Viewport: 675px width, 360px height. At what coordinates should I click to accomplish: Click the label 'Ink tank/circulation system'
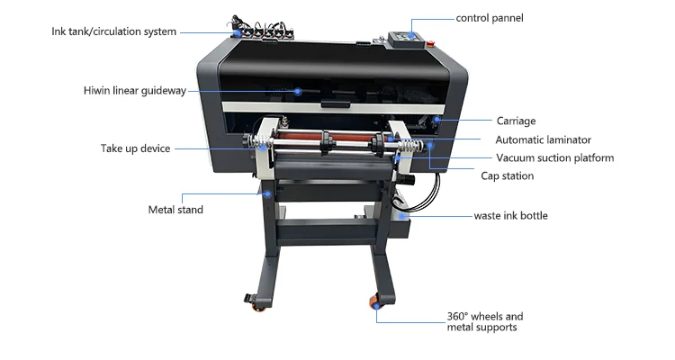click(x=113, y=32)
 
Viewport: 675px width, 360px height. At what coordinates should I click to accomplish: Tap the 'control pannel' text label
click(x=489, y=18)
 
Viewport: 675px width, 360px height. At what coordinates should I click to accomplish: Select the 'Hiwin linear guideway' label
click(x=134, y=90)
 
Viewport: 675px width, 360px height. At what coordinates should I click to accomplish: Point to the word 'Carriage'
click(x=516, y=121)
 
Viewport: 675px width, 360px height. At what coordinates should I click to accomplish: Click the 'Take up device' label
click(x=134, y=148)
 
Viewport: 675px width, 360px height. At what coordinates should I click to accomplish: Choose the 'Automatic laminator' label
click(x=543, y=139)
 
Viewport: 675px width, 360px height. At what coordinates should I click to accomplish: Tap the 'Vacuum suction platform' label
click(x=554, y=157)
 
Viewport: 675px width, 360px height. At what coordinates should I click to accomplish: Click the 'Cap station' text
click(x=507, y=176)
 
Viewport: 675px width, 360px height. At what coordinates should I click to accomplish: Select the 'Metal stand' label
click(x=175, y=210)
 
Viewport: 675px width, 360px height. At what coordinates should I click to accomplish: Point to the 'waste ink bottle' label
click(x=510, y=216)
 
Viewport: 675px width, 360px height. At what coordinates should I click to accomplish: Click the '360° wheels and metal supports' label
click(x=484, y=321)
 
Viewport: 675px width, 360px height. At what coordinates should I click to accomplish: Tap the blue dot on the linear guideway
click(x=298, y=90)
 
